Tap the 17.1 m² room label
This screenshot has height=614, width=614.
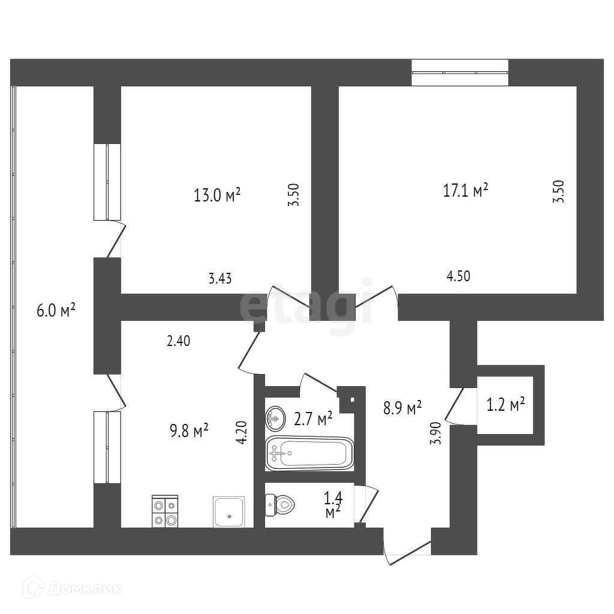pos(465,191)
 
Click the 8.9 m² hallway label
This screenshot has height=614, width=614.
pos(402,408)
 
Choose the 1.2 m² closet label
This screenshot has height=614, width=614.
pos(505,405)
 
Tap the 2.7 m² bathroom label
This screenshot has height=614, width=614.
pos(313,418)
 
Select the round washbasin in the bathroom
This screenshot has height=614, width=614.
pos(276,418)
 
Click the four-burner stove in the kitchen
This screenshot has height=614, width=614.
pos(165,511)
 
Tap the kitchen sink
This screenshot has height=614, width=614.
pos(229,511)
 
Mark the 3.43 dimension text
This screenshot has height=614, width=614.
pos(219,278)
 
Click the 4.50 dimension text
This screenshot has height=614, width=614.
pos(458,276)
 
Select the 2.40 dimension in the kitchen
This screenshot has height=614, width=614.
pos(178,341)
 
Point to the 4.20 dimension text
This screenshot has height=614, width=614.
pos(242,432)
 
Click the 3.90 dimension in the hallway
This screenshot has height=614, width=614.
pos(437,433)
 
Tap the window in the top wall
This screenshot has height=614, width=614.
pos(460,72)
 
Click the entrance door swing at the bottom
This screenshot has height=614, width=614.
pos(408,549)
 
